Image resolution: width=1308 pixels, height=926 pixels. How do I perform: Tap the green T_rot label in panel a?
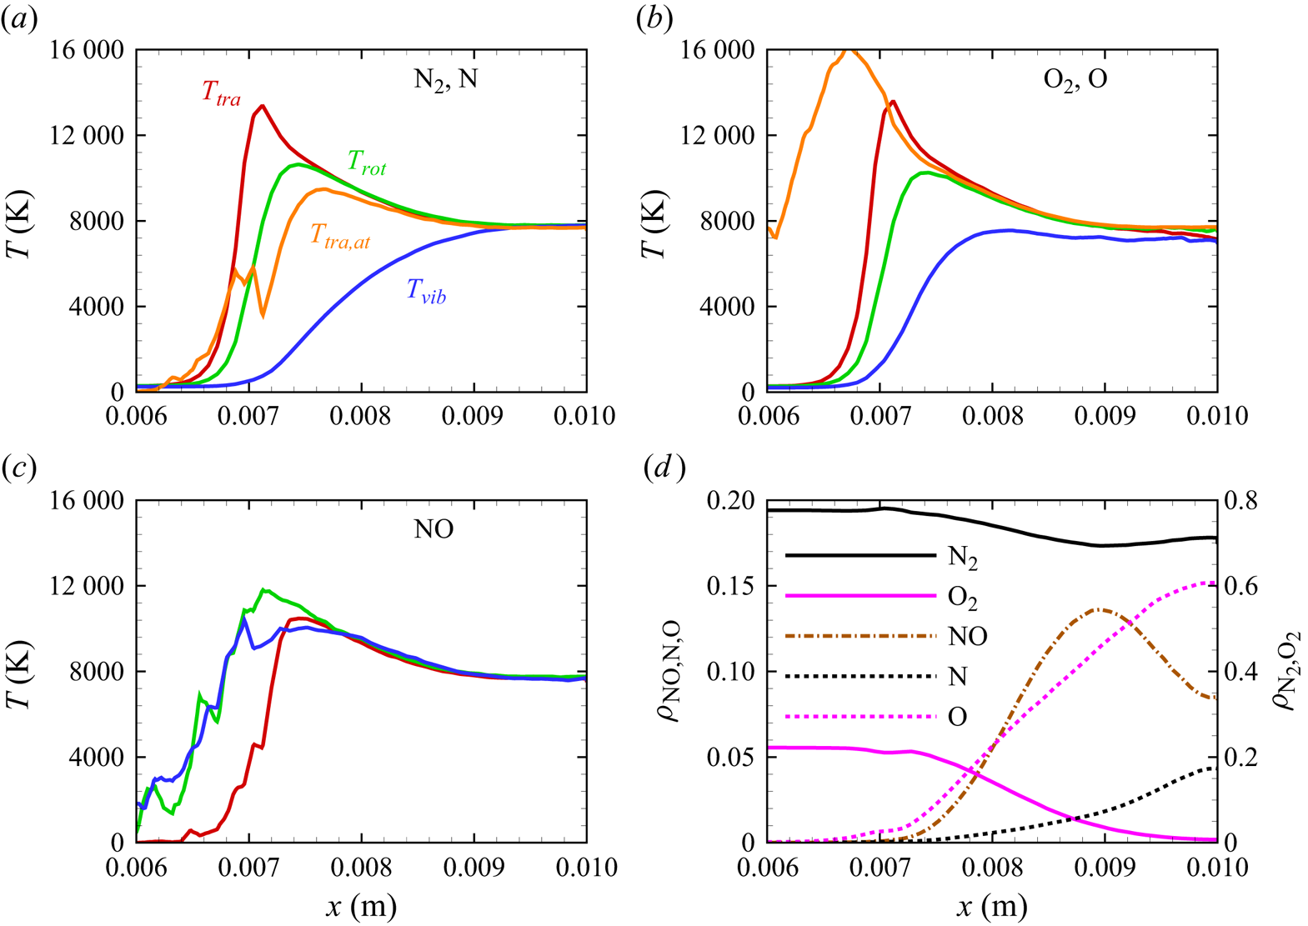click(367, 163)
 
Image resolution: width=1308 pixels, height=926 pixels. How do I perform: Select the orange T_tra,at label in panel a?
click(340, 237)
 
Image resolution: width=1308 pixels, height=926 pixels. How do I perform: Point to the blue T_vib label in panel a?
click(426, 292)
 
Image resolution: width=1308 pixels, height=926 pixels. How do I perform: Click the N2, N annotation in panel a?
click(446, 80)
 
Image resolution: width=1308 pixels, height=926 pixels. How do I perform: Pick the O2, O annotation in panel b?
click(1075, 80)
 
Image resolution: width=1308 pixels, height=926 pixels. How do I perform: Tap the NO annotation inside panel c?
click(434, 530)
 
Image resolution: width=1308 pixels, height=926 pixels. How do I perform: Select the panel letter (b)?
click(654, 18)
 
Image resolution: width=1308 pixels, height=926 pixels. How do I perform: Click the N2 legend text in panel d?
click(963, 558)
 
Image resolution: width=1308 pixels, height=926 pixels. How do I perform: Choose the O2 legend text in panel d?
click(963, 598)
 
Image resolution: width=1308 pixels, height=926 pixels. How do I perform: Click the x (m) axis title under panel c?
click(361, 906)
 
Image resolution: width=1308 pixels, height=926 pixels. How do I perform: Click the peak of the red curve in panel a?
click(262, 106)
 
